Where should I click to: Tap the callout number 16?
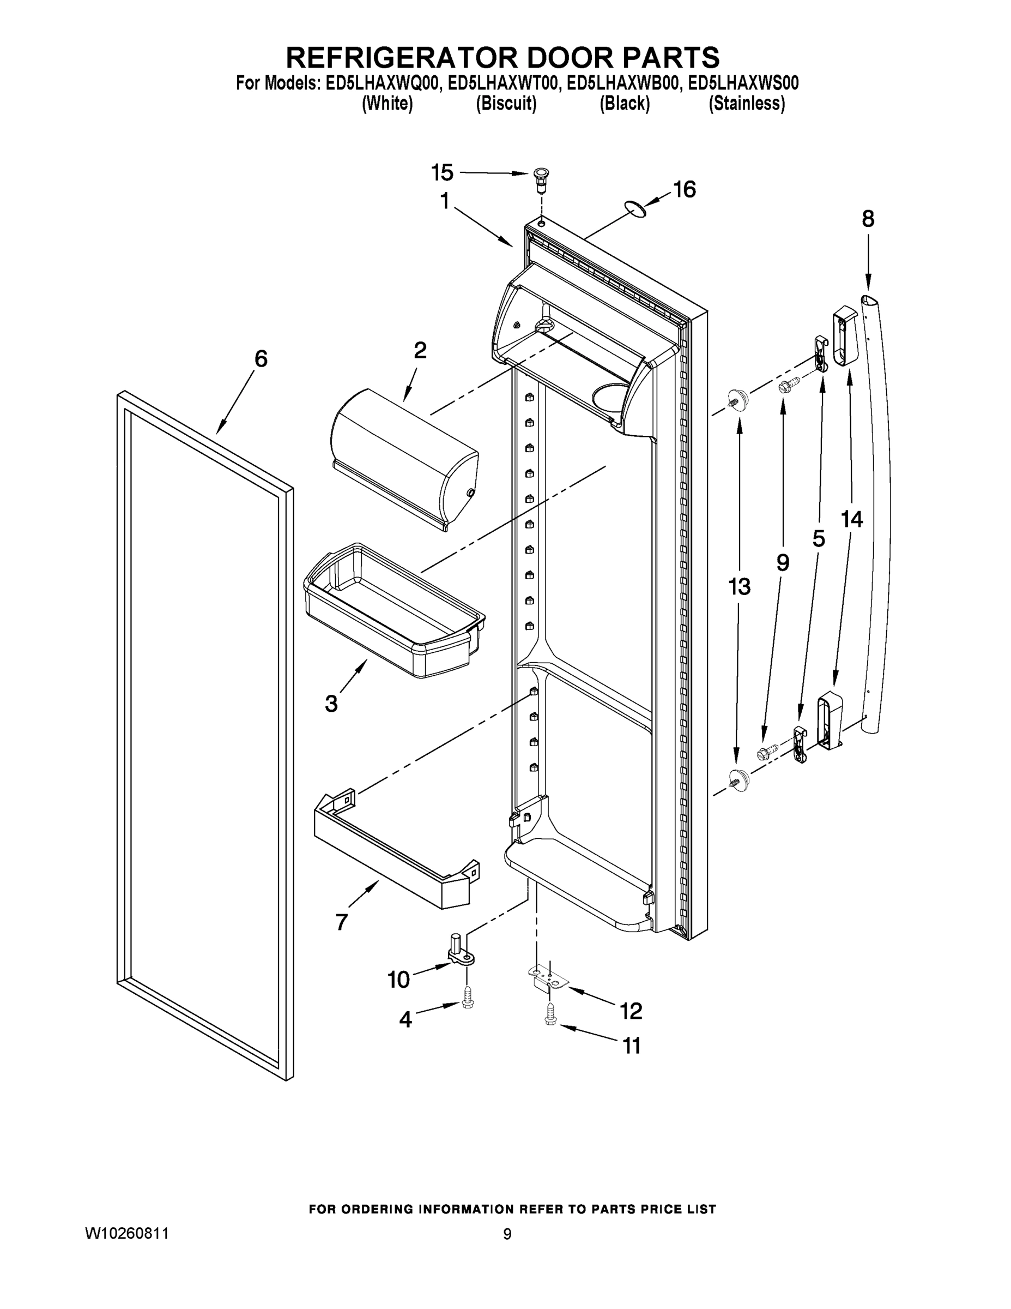click(684, 189)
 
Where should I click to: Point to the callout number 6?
click(261, 359)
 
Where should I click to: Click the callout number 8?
click(868, 219)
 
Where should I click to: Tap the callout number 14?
click(852, 519)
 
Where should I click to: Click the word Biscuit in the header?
click(506, 104)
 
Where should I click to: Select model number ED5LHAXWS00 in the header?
click(743, 83)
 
